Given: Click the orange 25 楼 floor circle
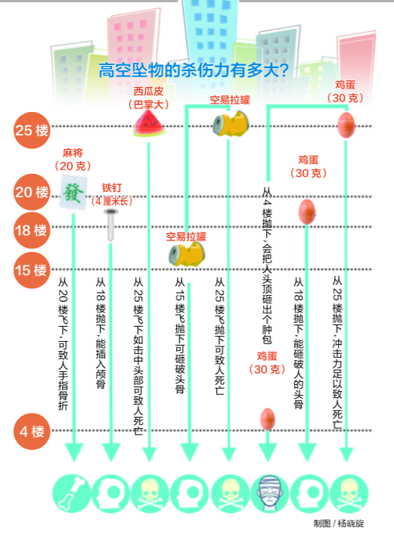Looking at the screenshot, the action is coord(32,130).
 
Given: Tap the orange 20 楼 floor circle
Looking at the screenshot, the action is coord(32,191).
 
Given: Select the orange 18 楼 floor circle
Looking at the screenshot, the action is coord(32,230).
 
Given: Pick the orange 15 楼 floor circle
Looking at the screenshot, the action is coord(32,271).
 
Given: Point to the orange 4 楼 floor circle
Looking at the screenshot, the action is coord(32,431).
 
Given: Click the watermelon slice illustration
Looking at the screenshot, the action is coord(150,123).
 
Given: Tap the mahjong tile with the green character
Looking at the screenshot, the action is coord(73,192).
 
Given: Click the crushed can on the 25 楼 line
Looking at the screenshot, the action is coord(231,124).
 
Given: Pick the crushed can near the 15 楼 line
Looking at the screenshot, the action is coord(186,254).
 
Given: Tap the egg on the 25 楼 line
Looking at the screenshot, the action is coord(346,125).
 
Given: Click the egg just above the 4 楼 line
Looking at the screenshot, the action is coord(267,419).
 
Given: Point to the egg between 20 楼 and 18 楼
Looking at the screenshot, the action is coord(307,212).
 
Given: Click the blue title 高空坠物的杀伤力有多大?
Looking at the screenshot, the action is coord(194,70).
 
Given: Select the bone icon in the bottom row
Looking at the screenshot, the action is coord(72,493).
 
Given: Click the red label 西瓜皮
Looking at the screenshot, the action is coord(148,92).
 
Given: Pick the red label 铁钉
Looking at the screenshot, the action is coord(112,188).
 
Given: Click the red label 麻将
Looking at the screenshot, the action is coord(73,153).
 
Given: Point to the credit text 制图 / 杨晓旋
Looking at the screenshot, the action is coord(339,523).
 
